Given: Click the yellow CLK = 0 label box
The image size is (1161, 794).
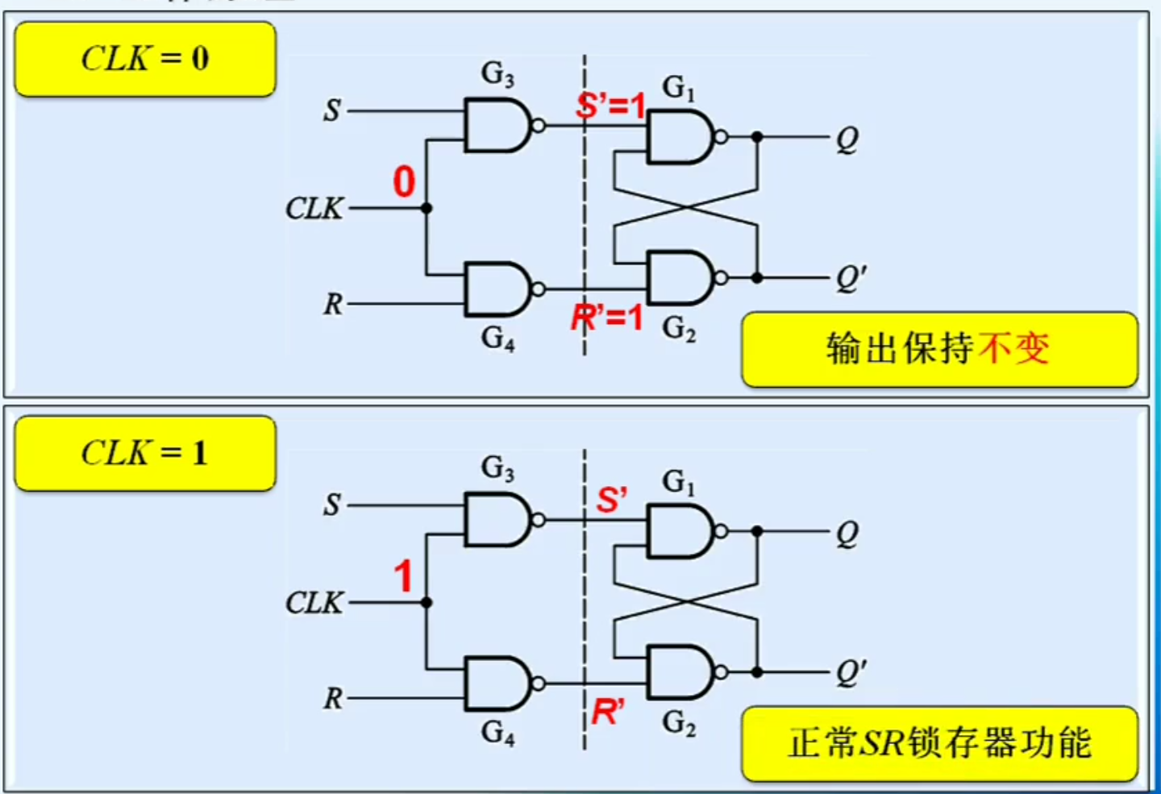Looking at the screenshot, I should pos(145,60).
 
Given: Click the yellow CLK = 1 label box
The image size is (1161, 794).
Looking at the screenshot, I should pos(145,453).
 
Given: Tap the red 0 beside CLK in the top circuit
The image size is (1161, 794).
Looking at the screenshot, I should pos(404,181).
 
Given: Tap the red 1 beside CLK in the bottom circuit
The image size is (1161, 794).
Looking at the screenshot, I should pos(403,576).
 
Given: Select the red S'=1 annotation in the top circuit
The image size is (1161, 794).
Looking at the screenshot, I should pos(611,105).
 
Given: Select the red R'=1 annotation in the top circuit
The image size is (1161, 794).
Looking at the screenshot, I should pos(607,317).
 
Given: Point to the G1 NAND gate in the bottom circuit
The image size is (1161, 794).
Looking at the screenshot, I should pos(680,532).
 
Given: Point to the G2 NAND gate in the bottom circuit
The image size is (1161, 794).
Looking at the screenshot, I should pos(680,671).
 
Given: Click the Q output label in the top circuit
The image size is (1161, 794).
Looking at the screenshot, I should pos(847,139).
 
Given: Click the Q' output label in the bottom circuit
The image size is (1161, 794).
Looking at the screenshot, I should pos(851,671).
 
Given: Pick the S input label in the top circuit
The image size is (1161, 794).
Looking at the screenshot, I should pos(332,110).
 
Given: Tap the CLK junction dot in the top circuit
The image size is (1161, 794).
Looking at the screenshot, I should pos(427,209).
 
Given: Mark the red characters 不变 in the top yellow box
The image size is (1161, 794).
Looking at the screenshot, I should pos(1013,349).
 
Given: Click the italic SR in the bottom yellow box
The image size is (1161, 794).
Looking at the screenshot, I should pos(881,743).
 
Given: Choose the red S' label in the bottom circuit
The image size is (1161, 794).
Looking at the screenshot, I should pos(611,500).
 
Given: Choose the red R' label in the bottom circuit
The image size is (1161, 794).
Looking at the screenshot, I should pos(608,712).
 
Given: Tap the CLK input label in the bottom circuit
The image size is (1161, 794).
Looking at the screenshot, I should pos(314,603).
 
